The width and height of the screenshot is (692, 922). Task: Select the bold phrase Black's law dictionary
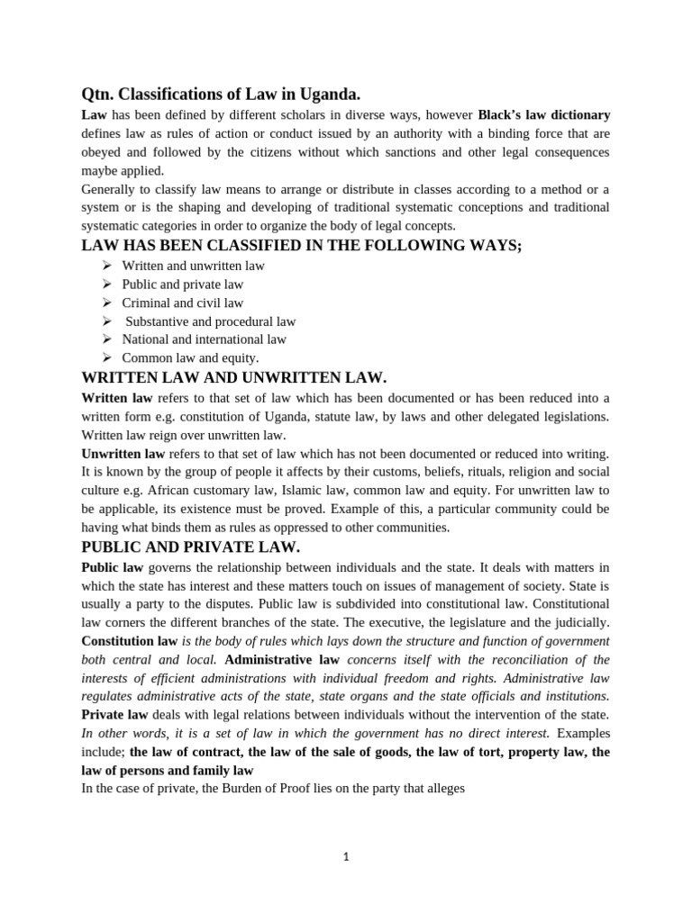(543, 115)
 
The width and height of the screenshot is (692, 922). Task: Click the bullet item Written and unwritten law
(193, 266)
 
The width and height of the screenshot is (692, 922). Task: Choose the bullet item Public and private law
(182, 285)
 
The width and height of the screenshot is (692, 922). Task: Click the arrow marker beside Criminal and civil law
(106, 303)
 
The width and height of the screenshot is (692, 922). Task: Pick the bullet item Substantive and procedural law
(210, 321)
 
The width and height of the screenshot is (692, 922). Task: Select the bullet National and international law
(204, 339)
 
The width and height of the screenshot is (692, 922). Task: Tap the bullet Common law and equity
(190, 358)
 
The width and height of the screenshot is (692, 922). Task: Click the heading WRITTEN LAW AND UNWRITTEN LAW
(233, 378)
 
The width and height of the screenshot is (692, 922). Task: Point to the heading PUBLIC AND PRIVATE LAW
(190, 547)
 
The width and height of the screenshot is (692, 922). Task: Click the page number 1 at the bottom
(345, 857)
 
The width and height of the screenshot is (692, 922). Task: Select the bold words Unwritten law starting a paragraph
(123, 453)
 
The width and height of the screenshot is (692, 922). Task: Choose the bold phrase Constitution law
(129, 641)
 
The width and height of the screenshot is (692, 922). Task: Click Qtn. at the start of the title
(96, 95)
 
